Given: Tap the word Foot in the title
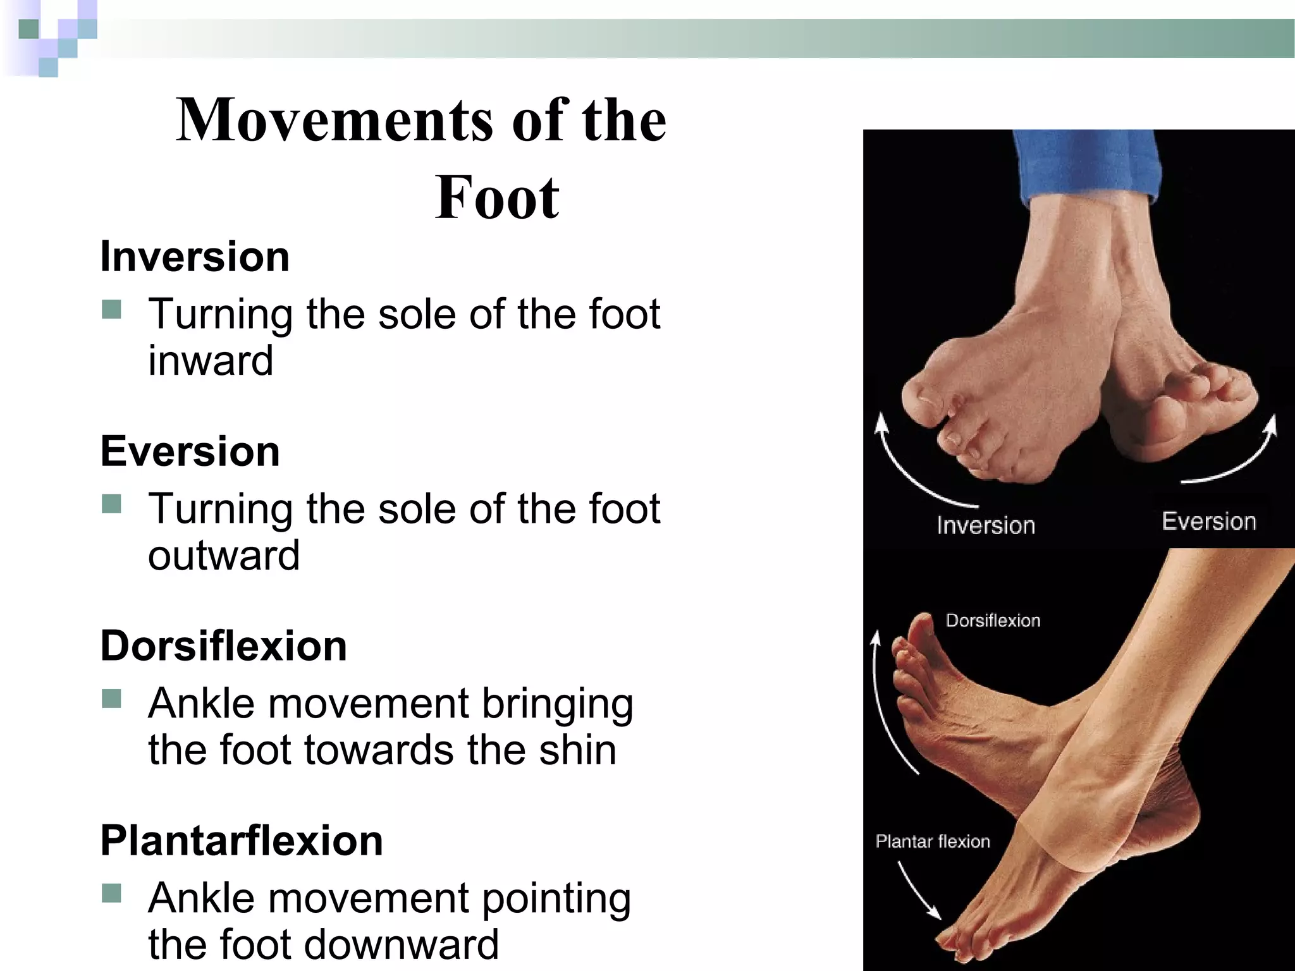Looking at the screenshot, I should click(x=497, y=198).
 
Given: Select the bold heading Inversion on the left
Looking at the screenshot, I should click(x=195, y=257).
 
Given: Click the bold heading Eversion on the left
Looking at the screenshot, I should click(x=190, y=451).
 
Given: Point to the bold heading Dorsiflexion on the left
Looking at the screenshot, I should click(x=223, y=646).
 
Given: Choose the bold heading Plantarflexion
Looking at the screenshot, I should click(x=242, y=841).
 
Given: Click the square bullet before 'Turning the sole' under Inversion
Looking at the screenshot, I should click(x=111, y=310).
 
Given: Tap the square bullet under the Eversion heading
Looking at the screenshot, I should click(x=111, y=504).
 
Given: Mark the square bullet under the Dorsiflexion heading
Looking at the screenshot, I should click(x=111, y=699).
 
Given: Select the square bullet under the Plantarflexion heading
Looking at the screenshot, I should click(x=111, y=893).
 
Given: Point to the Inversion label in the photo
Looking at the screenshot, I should click(x=986, y=525).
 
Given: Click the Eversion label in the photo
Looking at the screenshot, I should click(x=1208, y=522).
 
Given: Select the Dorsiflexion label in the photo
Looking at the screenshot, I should click(x=993, y=621).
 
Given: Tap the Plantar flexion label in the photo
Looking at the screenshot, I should click(x=933, y=841).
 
